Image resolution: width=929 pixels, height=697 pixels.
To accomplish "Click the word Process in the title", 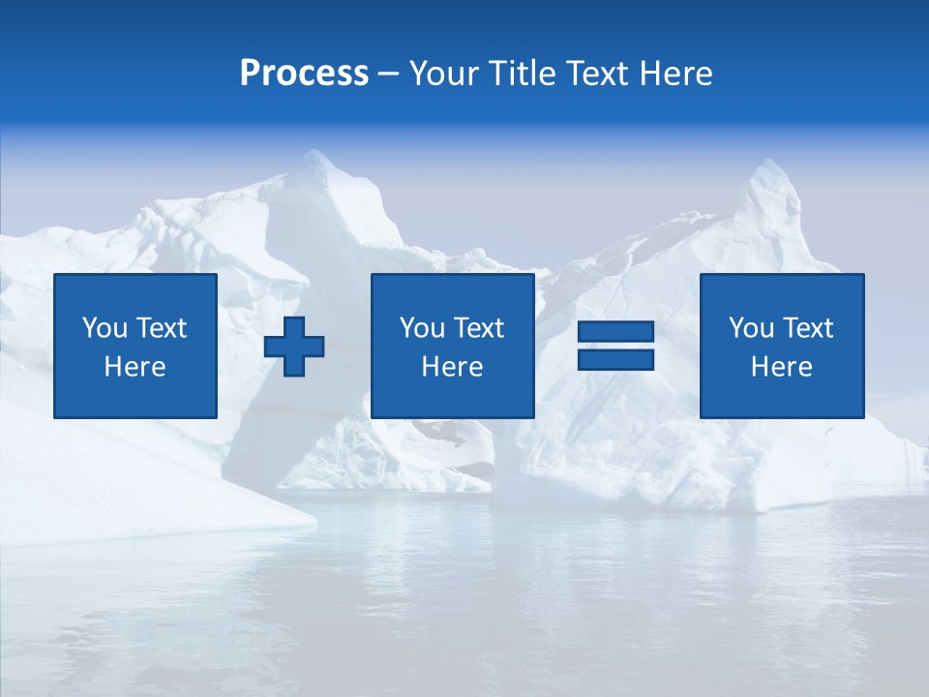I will pyautogui.click(x=304, y=74).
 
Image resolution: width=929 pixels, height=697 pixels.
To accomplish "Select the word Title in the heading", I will pyautogui.click(x=523, y=74).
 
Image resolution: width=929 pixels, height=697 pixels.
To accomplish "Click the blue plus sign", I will pyautogui.click(x=294, y=347).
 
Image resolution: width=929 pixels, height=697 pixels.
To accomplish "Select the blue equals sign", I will pyautogui.click(x=615, y=347).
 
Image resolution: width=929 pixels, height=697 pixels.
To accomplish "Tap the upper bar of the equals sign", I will pyautogui.click(x=615, y=333).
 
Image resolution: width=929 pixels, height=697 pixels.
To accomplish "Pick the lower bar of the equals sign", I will pyautogui.click(x=615, y=360).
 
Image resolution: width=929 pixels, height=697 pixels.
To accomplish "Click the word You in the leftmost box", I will pyautogui.click(x=105, y=328).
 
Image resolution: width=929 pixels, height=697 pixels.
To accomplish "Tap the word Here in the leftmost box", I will pyautogui.click(x=135, y=367).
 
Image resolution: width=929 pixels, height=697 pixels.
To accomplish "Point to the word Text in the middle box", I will pyautogui.click(x=479, y=328).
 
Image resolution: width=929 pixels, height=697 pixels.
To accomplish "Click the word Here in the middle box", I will pyautogui.click(x=453, y=367).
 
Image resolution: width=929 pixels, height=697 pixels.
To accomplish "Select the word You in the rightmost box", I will pyautogui.click(x=751, y=328).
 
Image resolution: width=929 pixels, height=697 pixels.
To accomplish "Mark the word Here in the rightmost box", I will pyautogui.click(x=782, y=367).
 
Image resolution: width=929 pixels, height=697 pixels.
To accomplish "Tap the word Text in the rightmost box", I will pyautogui.click(x=808, y=328).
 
